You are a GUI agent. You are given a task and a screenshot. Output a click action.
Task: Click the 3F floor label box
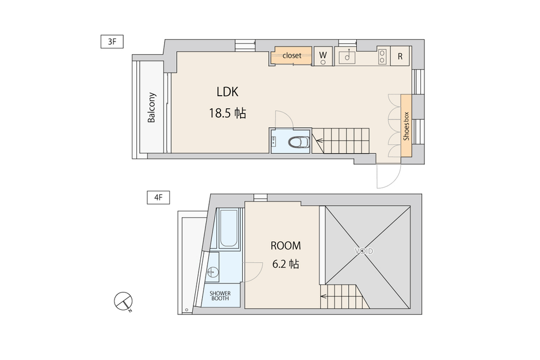(112, 41)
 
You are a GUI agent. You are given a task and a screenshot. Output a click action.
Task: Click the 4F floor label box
(158, 198)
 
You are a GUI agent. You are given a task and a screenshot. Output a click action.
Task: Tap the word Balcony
(151, 108)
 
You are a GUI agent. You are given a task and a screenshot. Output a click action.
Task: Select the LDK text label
(227, 92)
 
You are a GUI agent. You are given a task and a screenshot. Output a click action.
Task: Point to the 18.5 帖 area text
(227, 113)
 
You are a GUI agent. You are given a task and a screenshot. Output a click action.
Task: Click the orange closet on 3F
(291, 55)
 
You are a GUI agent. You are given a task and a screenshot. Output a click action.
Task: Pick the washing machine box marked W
(323, 56)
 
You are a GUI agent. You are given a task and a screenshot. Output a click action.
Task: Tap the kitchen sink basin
(347, 56)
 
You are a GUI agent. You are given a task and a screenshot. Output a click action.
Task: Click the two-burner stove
(382, 56)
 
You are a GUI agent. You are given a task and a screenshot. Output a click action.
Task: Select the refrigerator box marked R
(400, 56)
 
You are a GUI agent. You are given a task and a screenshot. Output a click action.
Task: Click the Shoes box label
(406, 126)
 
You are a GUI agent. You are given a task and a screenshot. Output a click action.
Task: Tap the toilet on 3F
(299, 142)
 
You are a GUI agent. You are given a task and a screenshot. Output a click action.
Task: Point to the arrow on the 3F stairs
(320, 141)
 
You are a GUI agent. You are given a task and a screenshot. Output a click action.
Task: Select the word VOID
(364, 251)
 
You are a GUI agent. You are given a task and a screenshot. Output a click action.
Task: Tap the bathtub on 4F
(229, 228)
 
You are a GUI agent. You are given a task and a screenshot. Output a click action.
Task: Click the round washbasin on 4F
(213, 272)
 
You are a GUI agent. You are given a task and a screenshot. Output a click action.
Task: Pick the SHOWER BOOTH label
(220, 296)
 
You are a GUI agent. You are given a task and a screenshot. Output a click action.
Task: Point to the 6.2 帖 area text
(286, 264)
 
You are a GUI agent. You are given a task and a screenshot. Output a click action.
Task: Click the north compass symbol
(123, 301)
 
